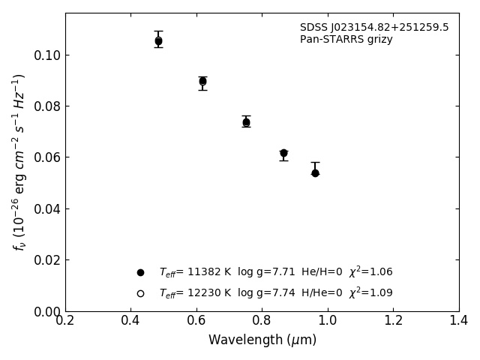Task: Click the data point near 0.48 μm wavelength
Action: pos(158,41)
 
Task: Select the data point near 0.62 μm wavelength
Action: pos(202,81)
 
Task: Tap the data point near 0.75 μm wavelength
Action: pos(246,121)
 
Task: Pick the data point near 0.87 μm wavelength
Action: pos(283,153)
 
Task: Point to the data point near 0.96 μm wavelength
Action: pos(315,172)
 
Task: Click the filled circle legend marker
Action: pos(140,272)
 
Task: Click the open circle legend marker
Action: pos(140,293)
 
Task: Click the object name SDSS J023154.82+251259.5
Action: pos(374,28)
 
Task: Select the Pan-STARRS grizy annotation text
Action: pos(346,40)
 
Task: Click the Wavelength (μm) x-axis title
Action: pos(262,340)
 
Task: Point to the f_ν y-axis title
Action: pos(19,161)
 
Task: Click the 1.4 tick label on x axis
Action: pos(459,320)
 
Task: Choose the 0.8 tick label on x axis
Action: pos(262,320)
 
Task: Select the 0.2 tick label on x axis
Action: pos(65,320)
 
